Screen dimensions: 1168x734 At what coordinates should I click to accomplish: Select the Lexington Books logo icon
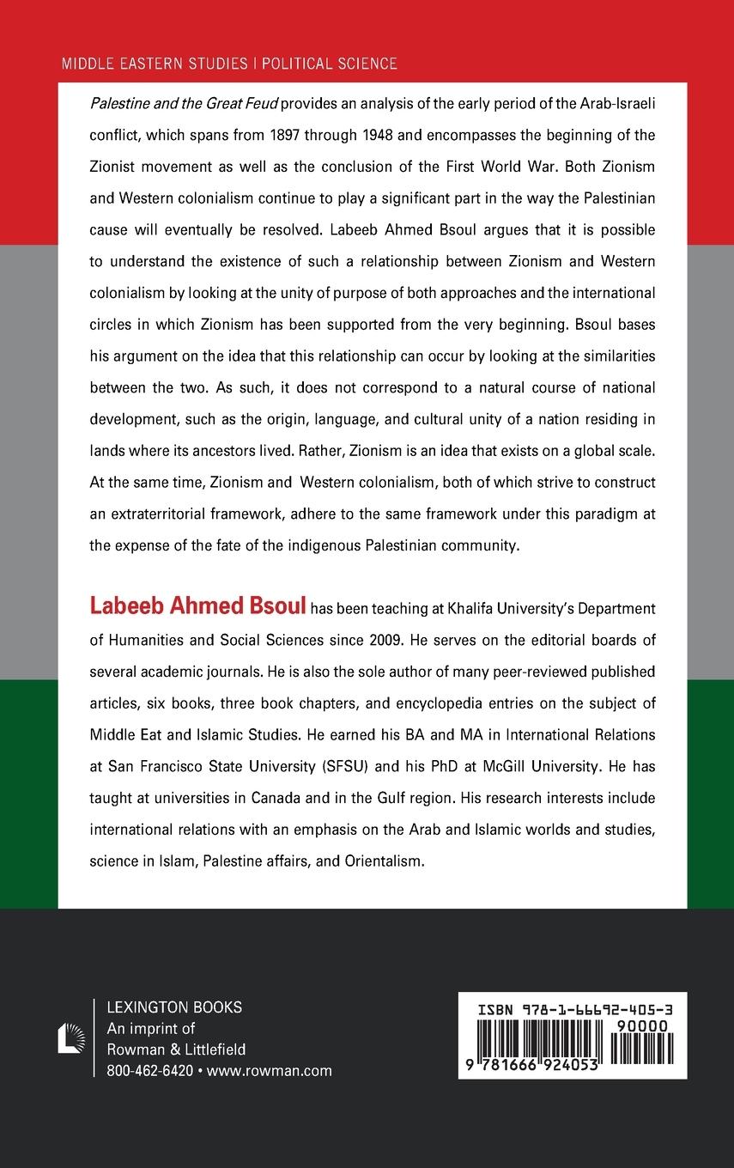[70, 1037]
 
